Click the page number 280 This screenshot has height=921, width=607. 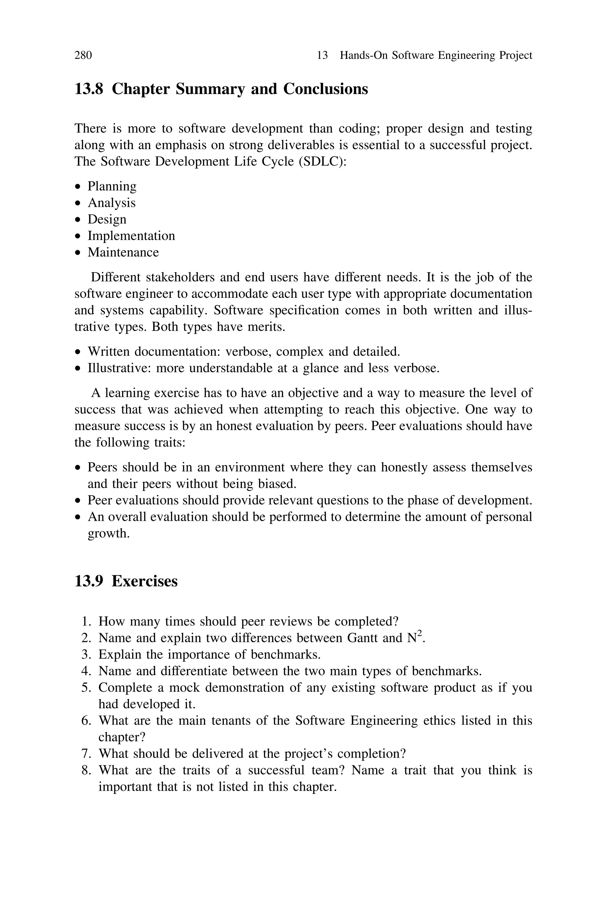click(x=83, y=55)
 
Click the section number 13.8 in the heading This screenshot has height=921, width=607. click(x=89, y=89)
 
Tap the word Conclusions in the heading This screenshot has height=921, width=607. click(x=325, y=89)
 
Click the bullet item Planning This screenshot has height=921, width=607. click(x=112, y=186)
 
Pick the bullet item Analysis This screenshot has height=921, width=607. click(x=111, y=203)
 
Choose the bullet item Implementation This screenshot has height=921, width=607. click(x=131, y=236)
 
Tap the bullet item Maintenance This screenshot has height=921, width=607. click(x=123, y=252)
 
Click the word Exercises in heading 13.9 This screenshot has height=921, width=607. click(x=144, y=581)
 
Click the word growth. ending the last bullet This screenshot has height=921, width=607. click(x=108, y=533)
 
